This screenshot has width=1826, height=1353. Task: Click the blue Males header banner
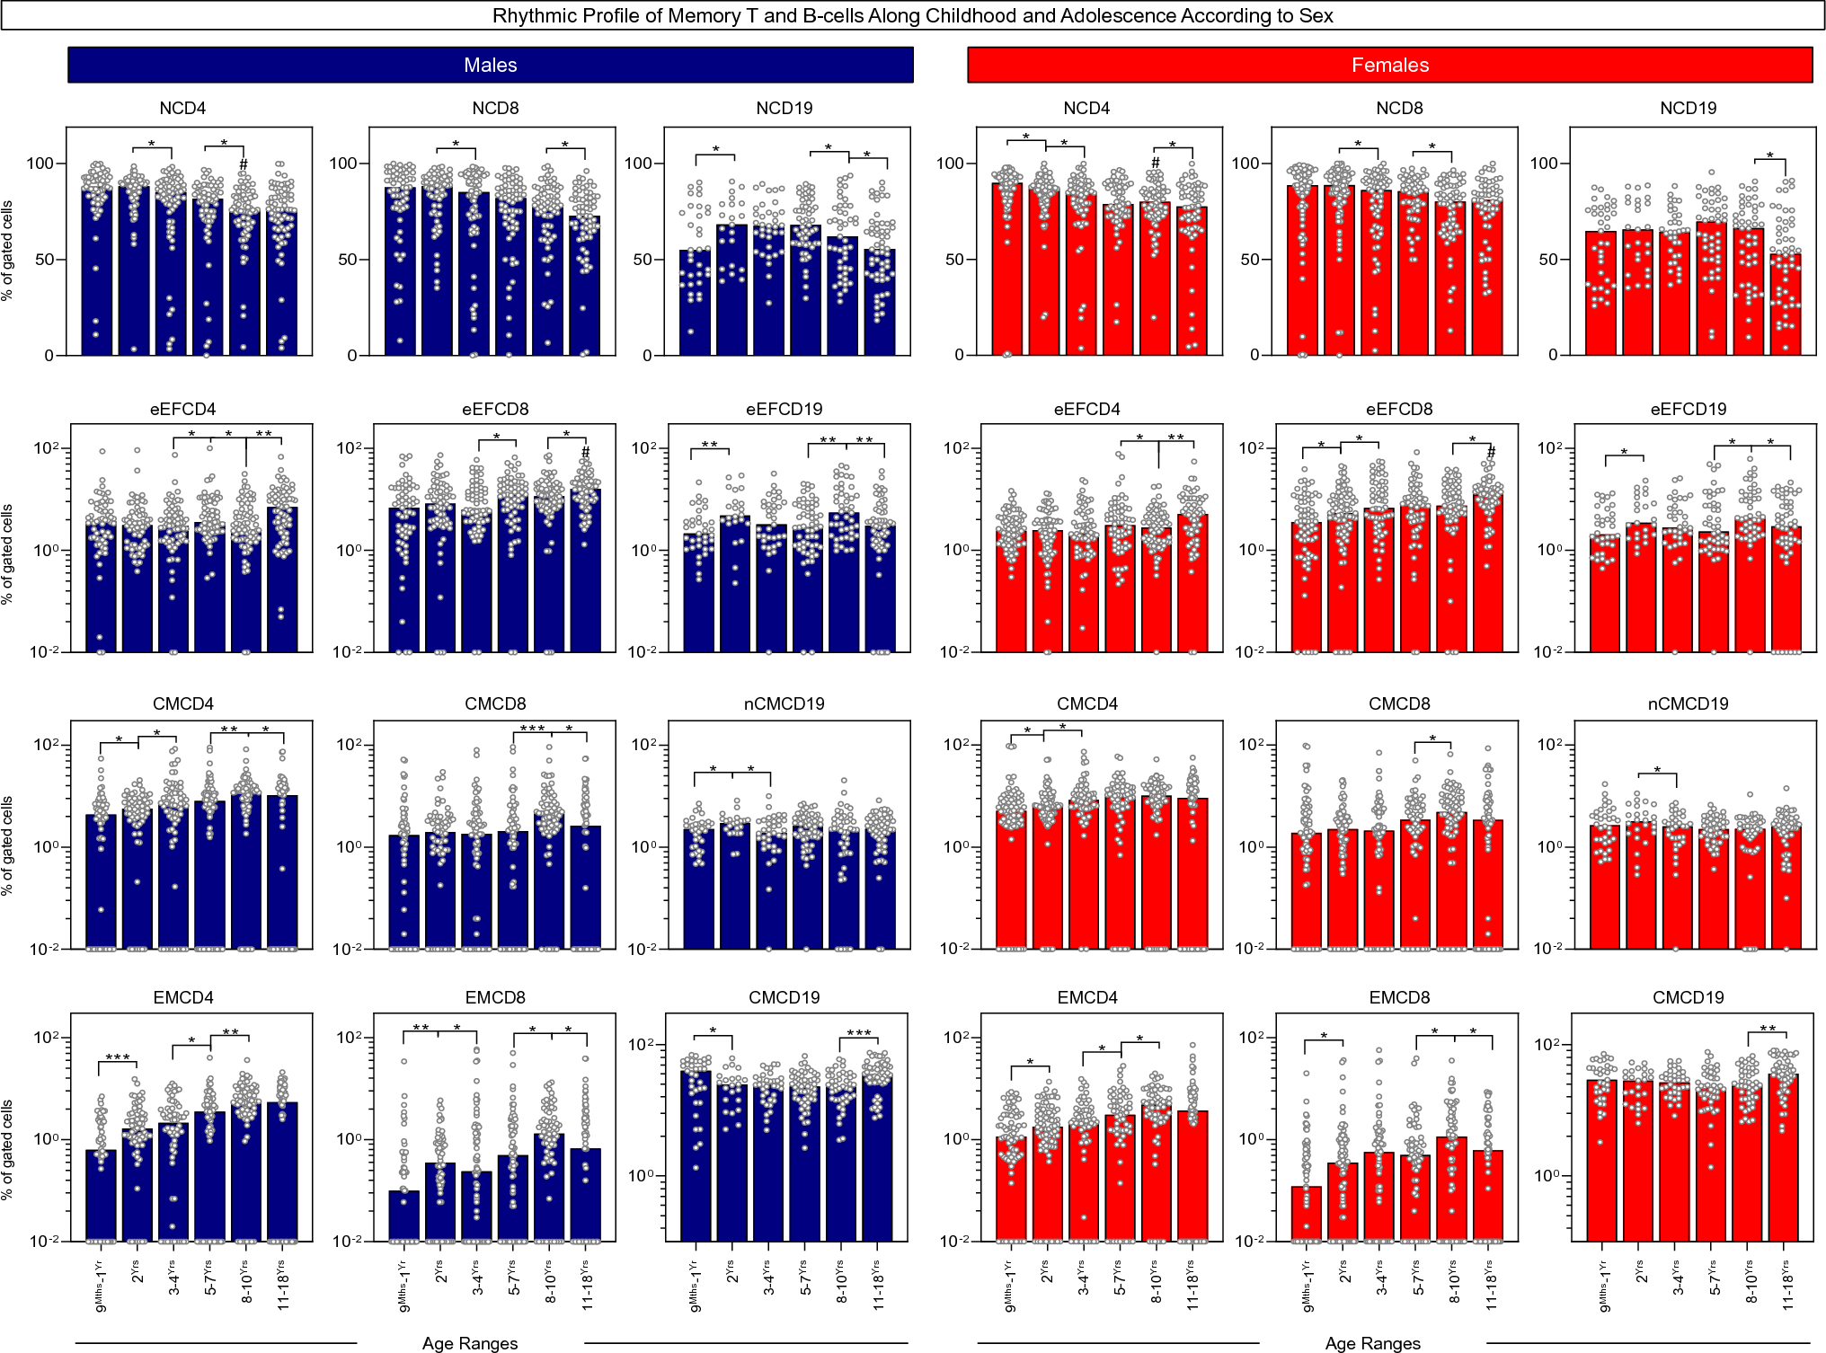click(x=490, y=65)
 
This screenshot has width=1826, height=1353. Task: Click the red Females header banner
click(x=1389, y=65)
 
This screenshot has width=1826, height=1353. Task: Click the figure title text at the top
click(x=912, y=15)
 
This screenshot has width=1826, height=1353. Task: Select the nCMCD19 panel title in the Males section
click(x=784, y=703)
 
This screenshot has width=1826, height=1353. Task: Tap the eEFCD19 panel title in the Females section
click(x=1688, y=409)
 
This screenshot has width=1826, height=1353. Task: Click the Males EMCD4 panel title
click(x=182, y=997)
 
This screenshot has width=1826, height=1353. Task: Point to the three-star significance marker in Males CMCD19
click(x=858, y=1033)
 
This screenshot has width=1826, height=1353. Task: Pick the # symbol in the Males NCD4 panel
click(x=244, y=164)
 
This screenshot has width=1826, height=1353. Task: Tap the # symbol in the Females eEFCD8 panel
click(x=1492, y=452)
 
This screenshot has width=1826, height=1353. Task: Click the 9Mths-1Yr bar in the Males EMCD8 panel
click(x=403, y=1216)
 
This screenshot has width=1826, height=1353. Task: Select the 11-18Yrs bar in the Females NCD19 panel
click(x=1786, y=305)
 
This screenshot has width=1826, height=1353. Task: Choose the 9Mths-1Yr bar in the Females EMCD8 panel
click(x=1306, y=1214)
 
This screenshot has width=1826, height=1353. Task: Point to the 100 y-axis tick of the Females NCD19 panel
click(x=1543, y=164)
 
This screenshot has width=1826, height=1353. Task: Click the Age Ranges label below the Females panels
click(x=1372, y=1343)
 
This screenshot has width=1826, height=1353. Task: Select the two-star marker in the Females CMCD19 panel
click(x=1767, y=1029)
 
